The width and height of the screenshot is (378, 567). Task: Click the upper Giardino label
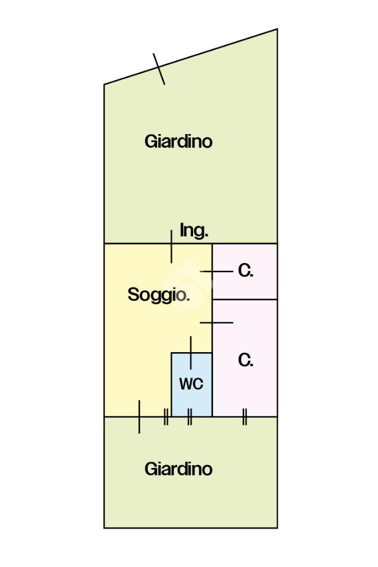[178, 141]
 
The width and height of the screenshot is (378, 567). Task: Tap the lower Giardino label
[178, 469]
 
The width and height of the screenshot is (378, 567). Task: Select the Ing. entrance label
[194, 230]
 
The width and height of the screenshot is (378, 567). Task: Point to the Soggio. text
[159, 295]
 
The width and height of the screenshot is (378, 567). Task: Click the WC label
[191, 383]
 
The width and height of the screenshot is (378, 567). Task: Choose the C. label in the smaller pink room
[246, 271]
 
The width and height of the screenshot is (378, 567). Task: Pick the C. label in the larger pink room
[246, 360]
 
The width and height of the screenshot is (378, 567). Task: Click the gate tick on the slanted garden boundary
[159, 69]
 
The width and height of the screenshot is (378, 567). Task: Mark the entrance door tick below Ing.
[172, 246]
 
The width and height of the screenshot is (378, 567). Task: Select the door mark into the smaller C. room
[216, 271]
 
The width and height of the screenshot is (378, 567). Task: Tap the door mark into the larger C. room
[216, 322]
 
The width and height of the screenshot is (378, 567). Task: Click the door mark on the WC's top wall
[191, 353]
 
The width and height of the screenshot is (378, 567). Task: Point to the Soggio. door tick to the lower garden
[139, 416]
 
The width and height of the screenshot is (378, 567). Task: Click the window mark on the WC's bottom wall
[189, 416]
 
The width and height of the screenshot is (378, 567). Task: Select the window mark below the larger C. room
[245, 416]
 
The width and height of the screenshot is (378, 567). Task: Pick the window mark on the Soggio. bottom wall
[165, 416]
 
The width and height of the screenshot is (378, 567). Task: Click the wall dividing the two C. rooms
[245, 300]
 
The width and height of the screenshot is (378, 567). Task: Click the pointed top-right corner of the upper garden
[277, 30]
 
